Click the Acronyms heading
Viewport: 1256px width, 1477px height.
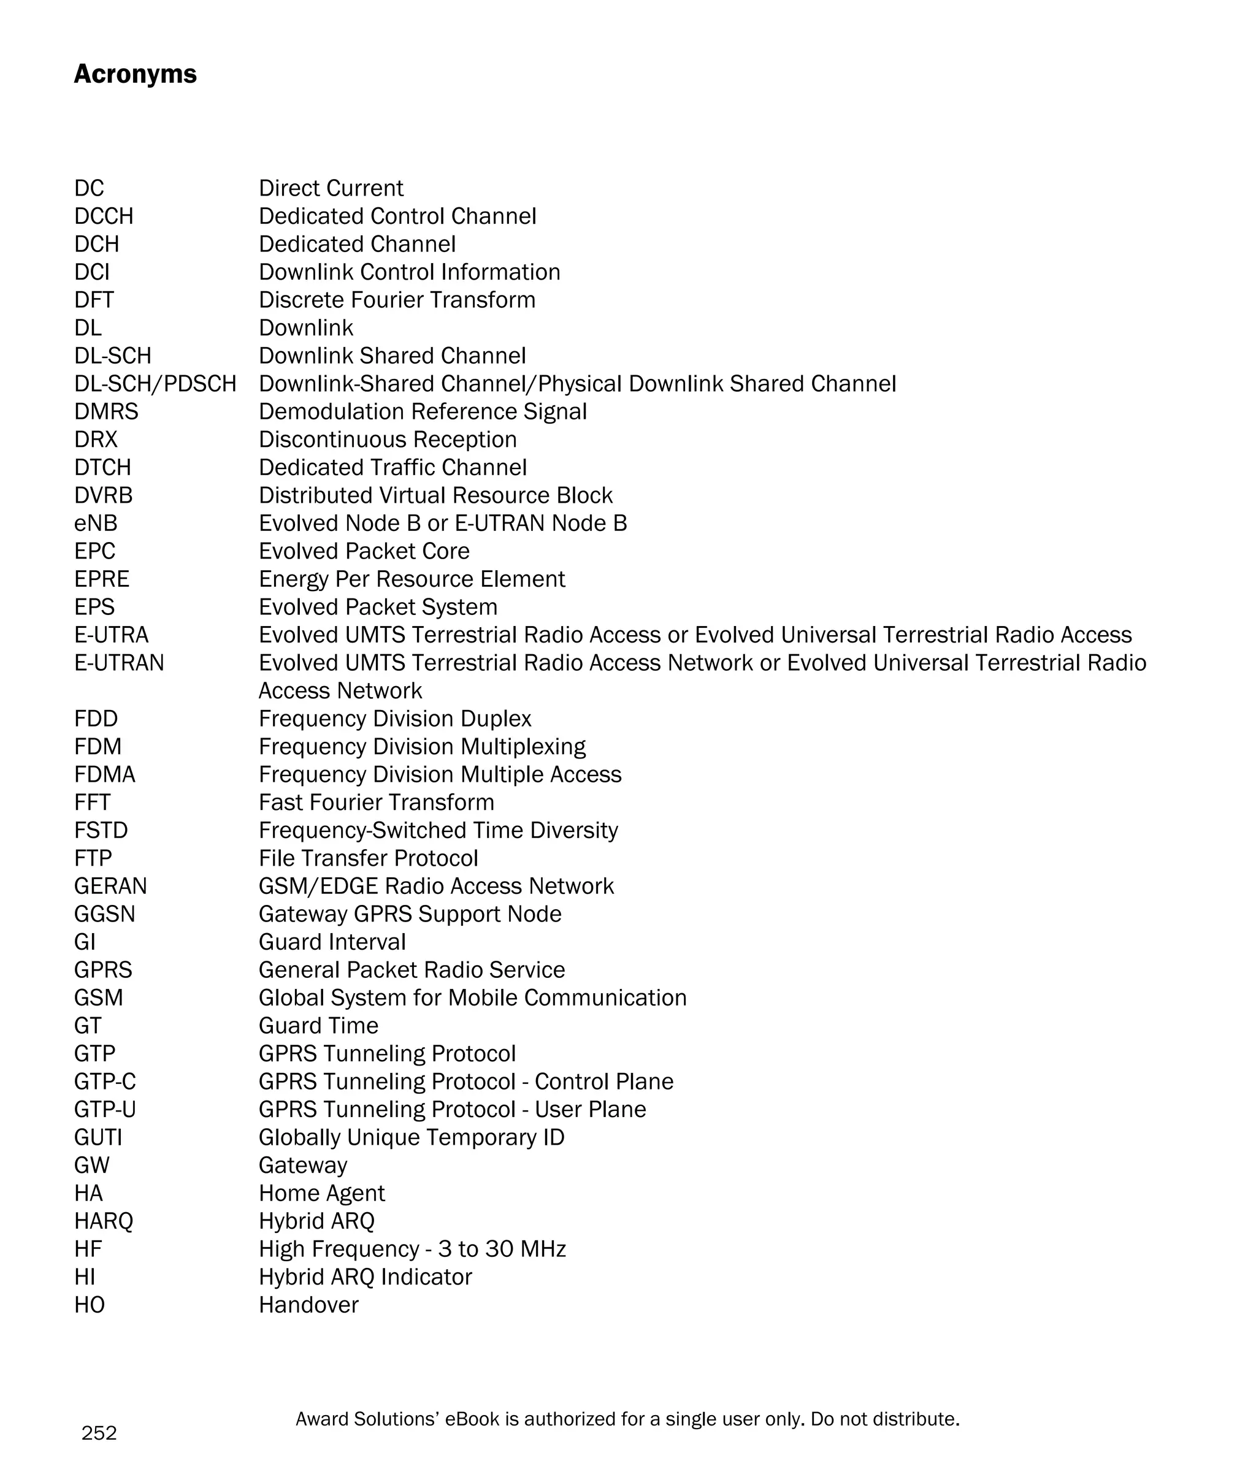coord(136,74)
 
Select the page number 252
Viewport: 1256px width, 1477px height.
coord(99,1432)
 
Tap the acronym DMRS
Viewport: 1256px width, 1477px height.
coord(106,411)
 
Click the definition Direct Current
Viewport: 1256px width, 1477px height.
coord(331,188)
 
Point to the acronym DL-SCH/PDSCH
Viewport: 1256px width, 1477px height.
coord(155,384)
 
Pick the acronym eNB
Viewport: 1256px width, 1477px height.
coord(96,523)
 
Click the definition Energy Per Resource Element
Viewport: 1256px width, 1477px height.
coord(412,579)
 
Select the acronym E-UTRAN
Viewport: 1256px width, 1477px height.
coord(119,663)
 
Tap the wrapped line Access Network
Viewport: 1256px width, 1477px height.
coord(340,690)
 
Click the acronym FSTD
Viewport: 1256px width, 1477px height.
coord(101,830)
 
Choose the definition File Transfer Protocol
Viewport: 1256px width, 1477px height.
coord(368,858)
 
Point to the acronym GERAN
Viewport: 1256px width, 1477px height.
coord(110,885)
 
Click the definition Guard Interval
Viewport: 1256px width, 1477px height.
coord(332,942)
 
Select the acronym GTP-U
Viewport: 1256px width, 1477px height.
coord(105,1109)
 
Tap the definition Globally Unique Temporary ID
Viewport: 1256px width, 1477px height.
coord(412,1137)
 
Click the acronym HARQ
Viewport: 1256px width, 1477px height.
coord(103,1221)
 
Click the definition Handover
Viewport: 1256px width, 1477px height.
coord(308,1304)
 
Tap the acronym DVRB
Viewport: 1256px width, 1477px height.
coord(103,495)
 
